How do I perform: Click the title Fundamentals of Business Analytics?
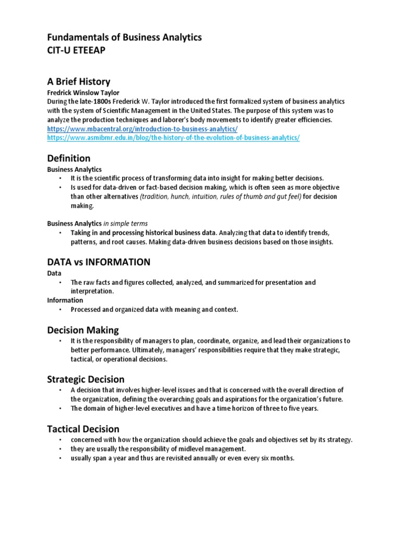tap(124, 38)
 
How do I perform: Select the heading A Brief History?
tap(79, 82)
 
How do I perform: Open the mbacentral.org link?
tap(143, 129)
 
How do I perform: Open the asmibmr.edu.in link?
tap(173, 137)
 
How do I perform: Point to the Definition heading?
tap(68, 158)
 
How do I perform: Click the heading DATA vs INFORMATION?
tap(99, 262)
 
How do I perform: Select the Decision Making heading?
tap(83, 330)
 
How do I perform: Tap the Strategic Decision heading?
tap(86, 379)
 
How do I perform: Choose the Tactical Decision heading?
tap(83, 429)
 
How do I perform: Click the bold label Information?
tap(65, 300)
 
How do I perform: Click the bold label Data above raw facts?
tap(54, 273)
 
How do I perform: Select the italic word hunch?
tap(181, 196)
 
